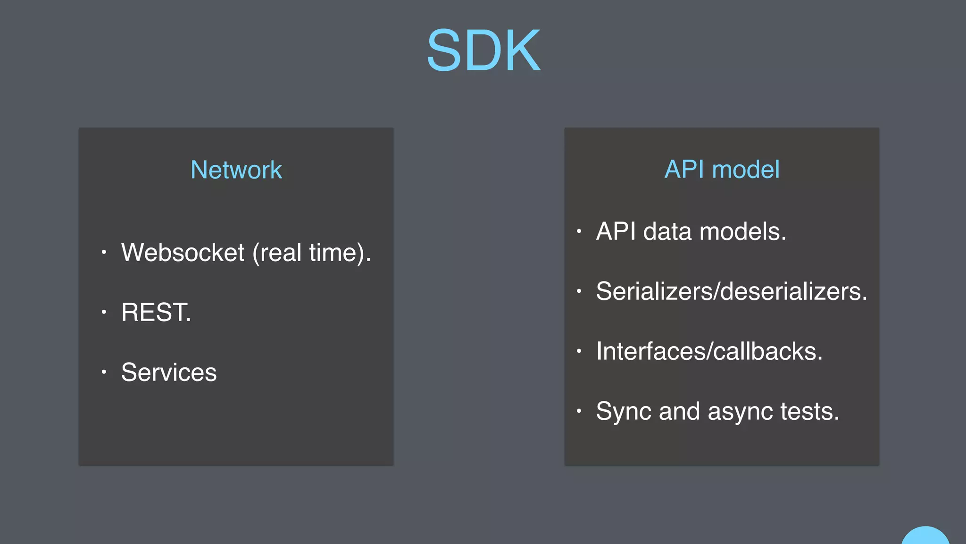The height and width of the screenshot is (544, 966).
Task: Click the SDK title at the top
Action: point(483,50)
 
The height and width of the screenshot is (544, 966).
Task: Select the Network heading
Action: point(236,170)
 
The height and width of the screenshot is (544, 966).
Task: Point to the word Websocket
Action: point(183,252)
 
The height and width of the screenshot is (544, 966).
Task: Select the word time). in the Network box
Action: point(340,253)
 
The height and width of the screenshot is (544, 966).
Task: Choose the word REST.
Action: point(156,312)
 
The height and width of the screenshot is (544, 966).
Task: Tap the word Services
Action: point(169,372)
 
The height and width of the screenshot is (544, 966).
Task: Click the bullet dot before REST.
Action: point(104,312)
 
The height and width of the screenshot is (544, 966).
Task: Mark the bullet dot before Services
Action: point(104,372)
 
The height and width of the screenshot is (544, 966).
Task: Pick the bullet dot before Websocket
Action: point(104,252)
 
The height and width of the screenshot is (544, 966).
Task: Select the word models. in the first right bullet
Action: point(743,231)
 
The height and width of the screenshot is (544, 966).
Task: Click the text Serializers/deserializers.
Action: point(732,291)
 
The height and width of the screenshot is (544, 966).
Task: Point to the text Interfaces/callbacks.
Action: point(709,351)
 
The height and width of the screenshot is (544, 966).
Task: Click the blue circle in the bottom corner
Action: point(925,536)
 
